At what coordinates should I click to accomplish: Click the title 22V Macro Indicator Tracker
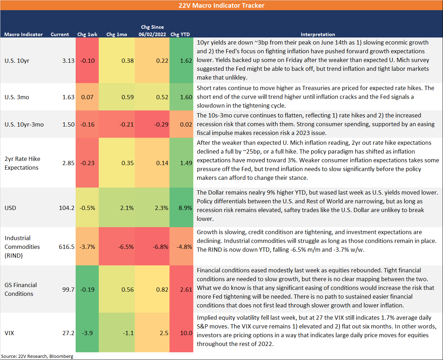coord(221,5)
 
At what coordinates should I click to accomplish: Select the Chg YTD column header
coord(180,34)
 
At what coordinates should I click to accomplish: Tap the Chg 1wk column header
coord(87,34)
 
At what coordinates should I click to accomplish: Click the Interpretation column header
coord(318,34)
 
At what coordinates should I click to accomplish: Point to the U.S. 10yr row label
coord(17,61)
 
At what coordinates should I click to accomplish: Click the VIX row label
coord(9,333)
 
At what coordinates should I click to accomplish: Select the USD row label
coord(10,208)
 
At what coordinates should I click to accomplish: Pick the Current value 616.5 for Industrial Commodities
coord(67,247)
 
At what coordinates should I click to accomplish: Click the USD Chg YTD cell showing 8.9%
coord(185,208)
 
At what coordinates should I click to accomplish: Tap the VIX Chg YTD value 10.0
coord(186,333)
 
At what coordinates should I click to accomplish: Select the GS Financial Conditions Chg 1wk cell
coord(87,290)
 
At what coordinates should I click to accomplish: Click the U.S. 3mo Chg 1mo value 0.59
coord(127,97)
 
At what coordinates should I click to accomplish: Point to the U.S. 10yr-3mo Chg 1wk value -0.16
coord(87,124)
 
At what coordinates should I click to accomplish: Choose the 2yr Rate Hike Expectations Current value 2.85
coord(68,163)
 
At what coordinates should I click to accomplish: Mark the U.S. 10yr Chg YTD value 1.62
coord(186,61)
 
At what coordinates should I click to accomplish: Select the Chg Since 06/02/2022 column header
coord(152,30)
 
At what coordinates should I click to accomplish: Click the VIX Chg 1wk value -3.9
coord(87,333)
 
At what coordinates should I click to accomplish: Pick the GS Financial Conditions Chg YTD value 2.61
coord(186,290)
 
